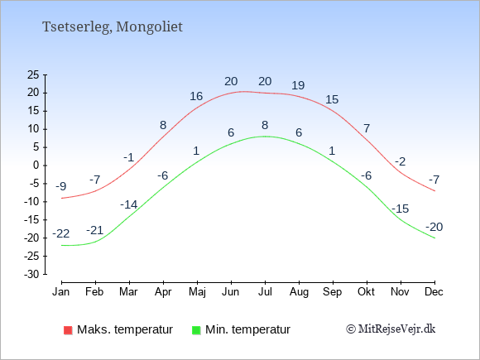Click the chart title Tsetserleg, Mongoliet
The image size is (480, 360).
click(113, 27)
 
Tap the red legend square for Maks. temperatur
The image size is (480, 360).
click(68, 330)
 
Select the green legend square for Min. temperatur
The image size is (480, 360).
click(196, 330)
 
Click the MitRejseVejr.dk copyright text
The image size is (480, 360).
click(391, 329)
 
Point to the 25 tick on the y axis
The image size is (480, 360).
click(33, 74)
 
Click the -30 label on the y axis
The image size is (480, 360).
click(31, 274)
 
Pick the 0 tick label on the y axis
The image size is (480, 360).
click(36, 166)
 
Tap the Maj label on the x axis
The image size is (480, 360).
click(197, 292)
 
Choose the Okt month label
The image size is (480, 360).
click(366, 292)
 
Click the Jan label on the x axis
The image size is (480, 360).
click(61, 292)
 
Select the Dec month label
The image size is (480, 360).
click(434, 292)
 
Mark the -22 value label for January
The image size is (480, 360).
click(61, 234)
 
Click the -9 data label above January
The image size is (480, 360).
click(61, 186)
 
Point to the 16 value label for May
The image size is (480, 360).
click(196, 97)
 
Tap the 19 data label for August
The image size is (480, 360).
click(298, 85)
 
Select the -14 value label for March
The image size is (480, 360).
click(129, 204)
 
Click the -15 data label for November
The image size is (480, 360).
click(400, 209)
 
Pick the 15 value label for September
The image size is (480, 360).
click(332, 99)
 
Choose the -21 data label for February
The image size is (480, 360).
click(95, 230)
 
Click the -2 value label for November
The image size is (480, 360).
click(400, 161)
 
